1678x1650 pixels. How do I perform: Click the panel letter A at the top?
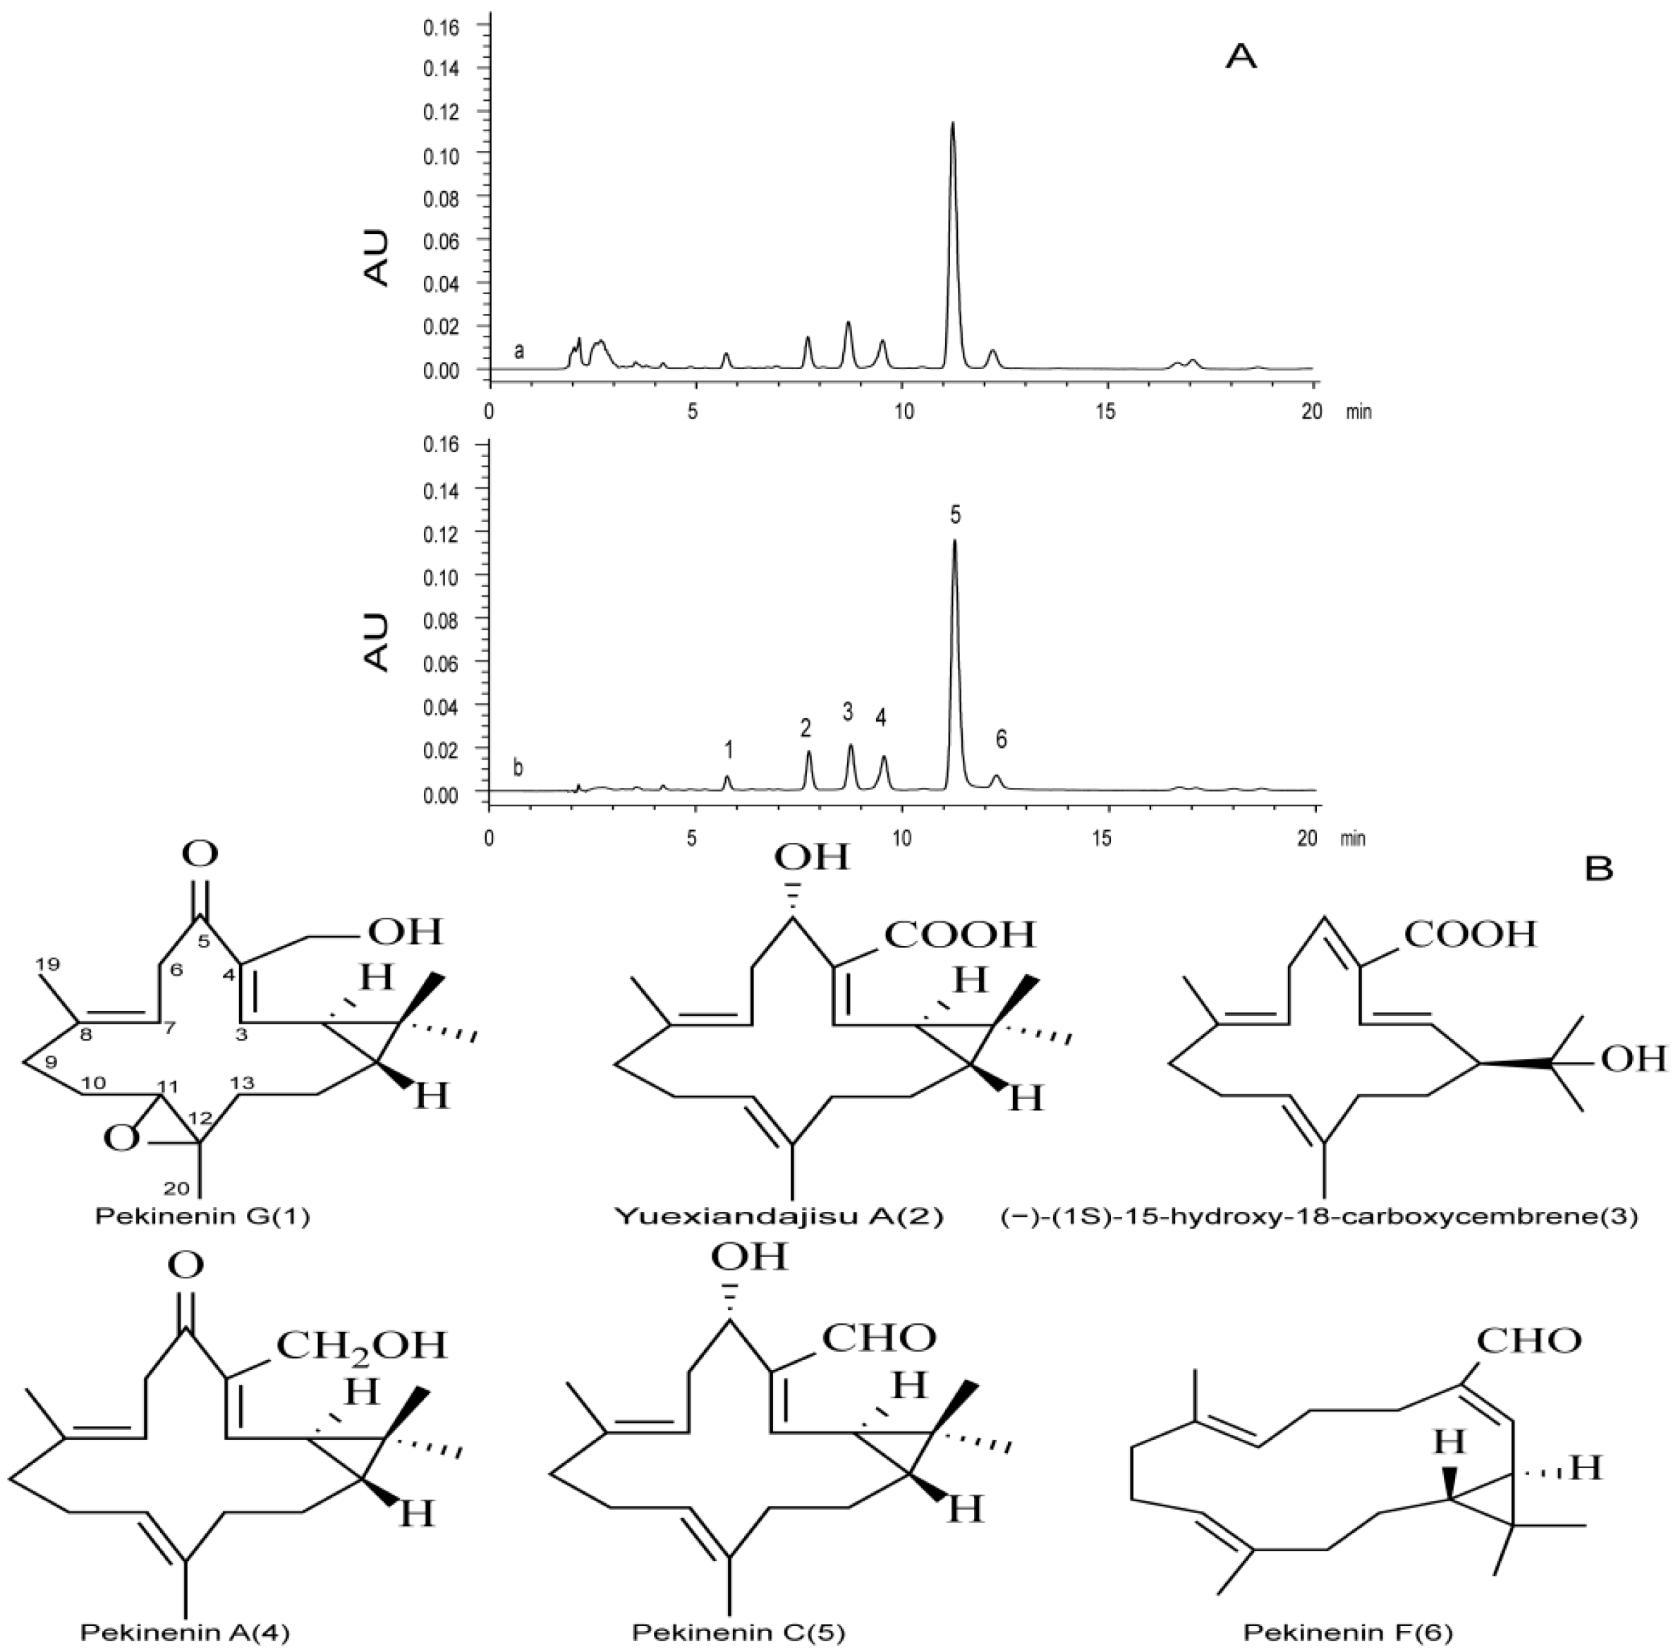(x=1241, y=56)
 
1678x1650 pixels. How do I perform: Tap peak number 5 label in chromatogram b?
(x=954, y=516)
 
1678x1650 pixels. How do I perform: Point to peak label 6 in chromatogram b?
(x=1001, y=739)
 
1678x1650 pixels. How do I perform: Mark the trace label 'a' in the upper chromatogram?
(x=519, y=351)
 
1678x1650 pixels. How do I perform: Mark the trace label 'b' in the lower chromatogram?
(x=518, y=768)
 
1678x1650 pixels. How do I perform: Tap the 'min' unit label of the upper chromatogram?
(x=1358, y=413)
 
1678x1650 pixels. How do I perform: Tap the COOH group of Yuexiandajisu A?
(x=959, y=934)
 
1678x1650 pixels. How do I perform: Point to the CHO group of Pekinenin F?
(x=1528, y=1340)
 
